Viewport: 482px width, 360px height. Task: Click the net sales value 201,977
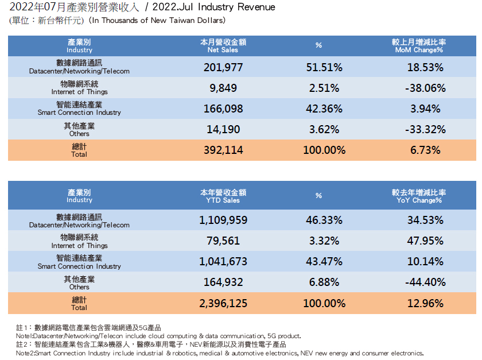pos(223,67)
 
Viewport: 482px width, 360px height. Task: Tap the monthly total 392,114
pos(223,150)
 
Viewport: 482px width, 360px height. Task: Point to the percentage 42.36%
pos(324,109)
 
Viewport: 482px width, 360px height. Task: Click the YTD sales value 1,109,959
pos(223,220)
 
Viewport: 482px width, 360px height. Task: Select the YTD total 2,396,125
pos(223,303)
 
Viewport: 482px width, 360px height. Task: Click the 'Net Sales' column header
pos(223,46)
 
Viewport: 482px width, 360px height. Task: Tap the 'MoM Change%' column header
pos(419,46)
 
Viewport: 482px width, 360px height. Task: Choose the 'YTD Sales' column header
pos(223,196)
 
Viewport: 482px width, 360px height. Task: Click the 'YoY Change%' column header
pos(419,196)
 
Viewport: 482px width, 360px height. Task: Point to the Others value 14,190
pos(223,130)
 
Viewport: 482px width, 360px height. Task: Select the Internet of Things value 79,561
pos(223,241)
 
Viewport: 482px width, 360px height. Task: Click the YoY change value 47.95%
pos(425,241)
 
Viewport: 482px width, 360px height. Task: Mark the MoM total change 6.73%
pos(425,150)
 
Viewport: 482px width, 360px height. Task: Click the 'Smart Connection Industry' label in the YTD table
pos(79,266)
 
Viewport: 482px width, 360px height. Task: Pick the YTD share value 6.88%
pos(324,282)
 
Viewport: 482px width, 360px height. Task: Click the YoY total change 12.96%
pos(425,303)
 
